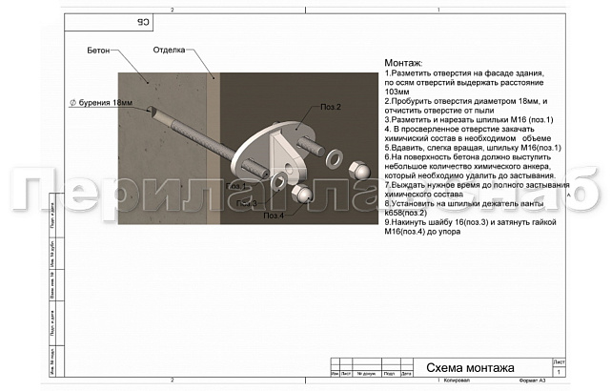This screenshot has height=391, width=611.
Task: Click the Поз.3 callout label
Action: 246,202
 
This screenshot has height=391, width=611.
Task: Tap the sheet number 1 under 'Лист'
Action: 559,372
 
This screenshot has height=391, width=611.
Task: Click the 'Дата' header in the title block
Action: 407,374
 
